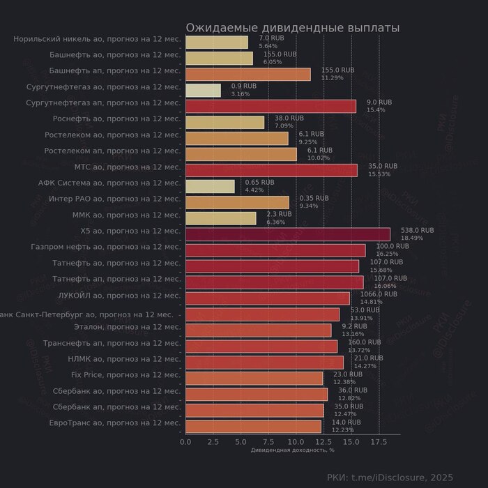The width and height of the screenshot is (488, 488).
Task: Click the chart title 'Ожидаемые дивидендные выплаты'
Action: tap(292, 28)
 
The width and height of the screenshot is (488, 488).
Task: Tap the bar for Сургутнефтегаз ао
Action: tap(203, 91)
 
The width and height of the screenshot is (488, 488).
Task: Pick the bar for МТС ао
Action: tap(271, 170)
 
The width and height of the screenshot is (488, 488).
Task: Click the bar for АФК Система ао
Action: tap(210, 186)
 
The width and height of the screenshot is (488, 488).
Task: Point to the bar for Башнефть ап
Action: tap(247, 75)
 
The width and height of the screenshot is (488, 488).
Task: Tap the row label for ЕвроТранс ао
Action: tap(115, 423)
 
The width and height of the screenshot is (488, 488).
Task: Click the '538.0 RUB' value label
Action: tap(417, 230)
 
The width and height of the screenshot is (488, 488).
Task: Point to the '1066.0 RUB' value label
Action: tap(379, 294)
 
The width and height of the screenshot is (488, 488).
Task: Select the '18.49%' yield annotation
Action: tap(411, 238)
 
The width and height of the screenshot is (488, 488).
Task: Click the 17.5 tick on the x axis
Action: tap(379, 441)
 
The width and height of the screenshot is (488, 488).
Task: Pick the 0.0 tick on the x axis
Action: tap(185, 441)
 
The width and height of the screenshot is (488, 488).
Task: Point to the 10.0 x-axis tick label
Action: tap(296, 441)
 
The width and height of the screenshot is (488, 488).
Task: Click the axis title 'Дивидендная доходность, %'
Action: tap(292, 450)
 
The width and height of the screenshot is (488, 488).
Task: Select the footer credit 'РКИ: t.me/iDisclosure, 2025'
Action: tap(390, 477)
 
